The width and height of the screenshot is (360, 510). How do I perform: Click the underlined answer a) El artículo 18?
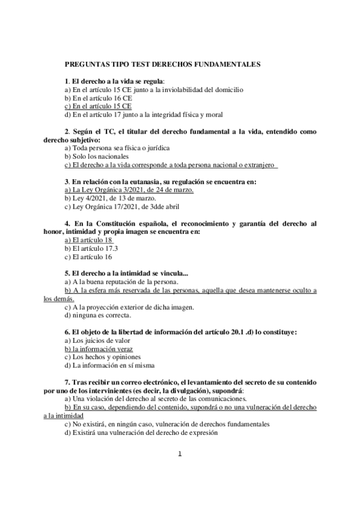point(89,239)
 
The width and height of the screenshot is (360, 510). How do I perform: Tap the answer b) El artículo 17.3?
point(91,248)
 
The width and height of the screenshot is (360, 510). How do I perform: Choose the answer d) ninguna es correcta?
point(97,315)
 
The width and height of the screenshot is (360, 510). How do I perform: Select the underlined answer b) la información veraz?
point(99,348)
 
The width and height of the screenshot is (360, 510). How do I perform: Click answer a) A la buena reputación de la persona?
point(120,281)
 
